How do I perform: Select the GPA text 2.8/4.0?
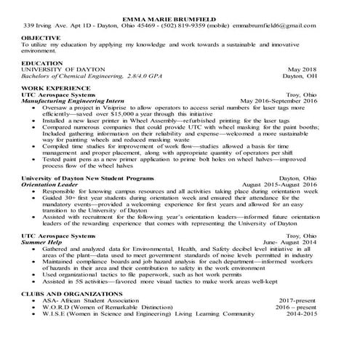click(147, 76)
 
